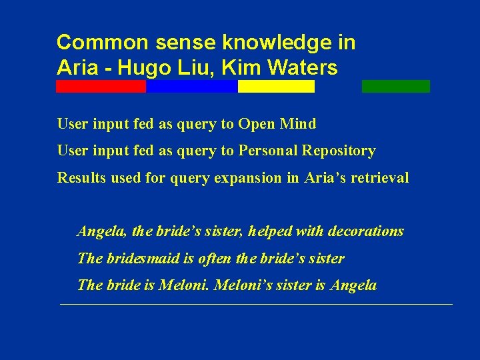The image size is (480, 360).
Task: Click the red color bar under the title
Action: tap(101, 87)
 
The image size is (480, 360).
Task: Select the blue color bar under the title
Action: tap(192, 87)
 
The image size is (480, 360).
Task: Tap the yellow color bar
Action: tap(276, 87)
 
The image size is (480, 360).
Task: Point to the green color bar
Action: tap(396, 87)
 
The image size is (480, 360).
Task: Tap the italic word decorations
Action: tap(365, 231)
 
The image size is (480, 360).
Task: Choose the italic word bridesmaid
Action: tap(138, 258)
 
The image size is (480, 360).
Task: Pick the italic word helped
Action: tap(269, 231)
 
